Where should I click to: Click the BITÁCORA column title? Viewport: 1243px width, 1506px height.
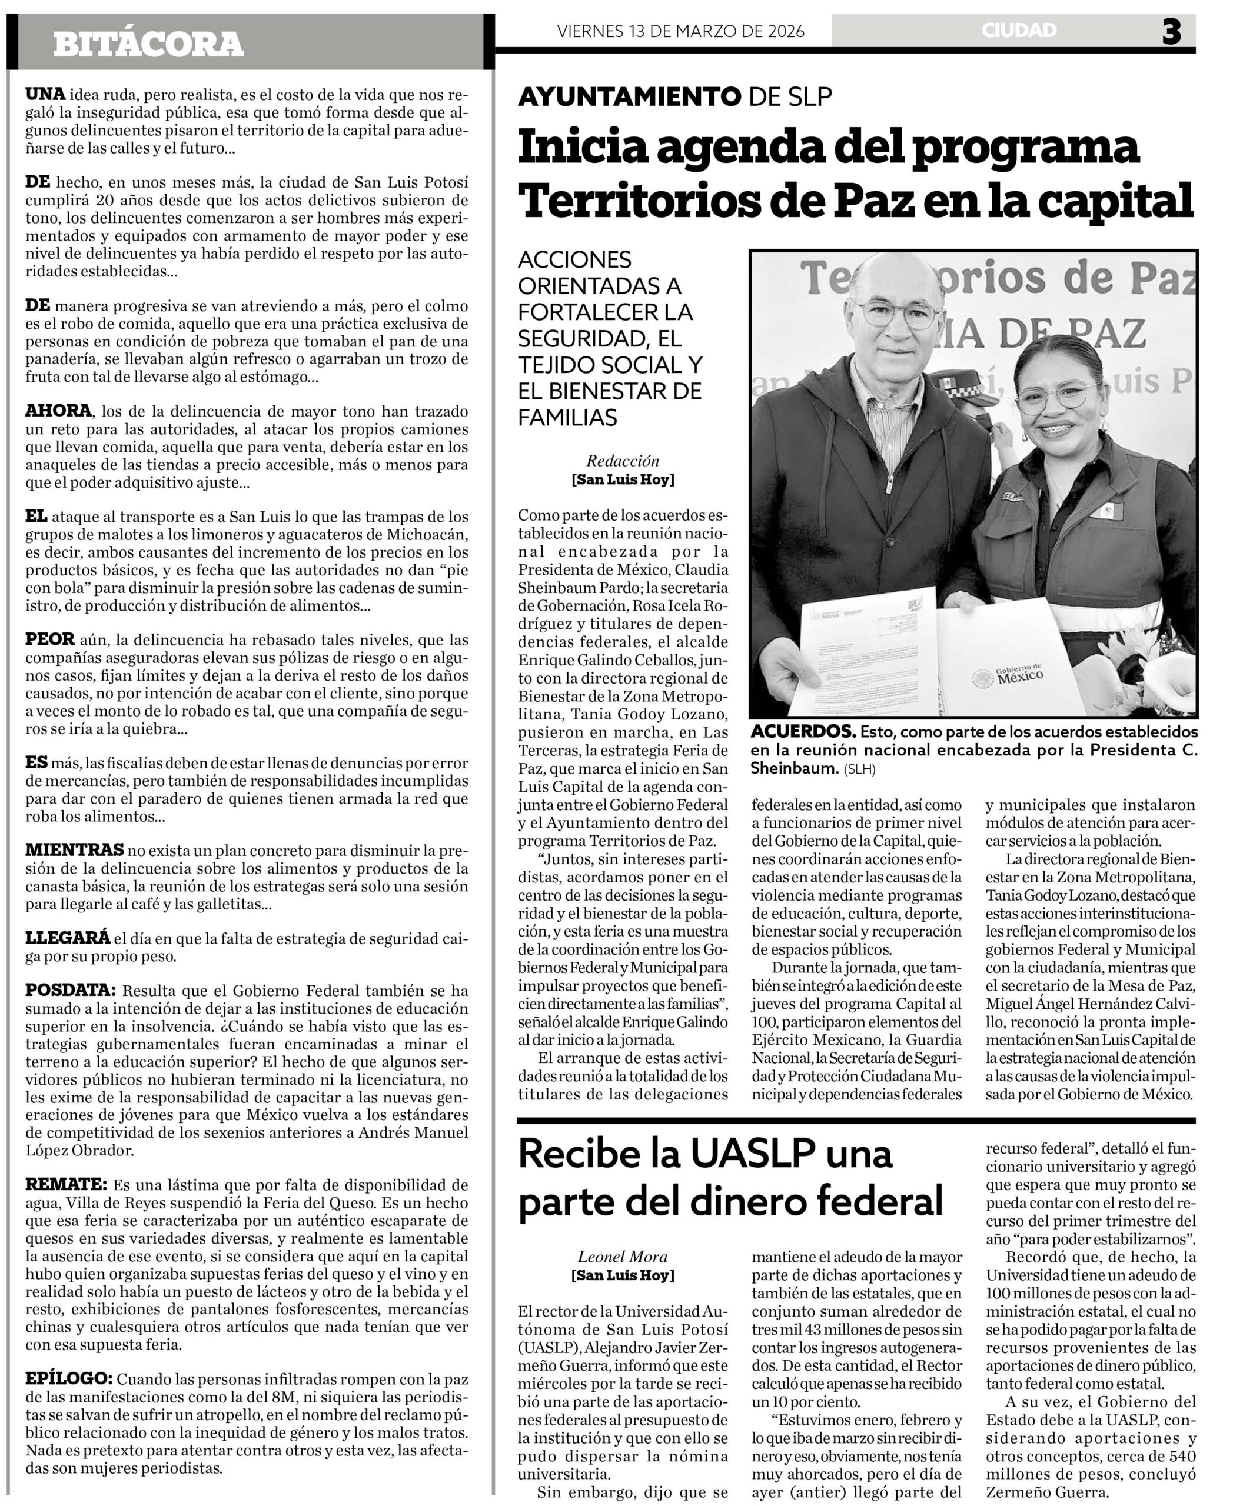tap(148, 44)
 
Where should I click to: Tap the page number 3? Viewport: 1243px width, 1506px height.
tap(1171, 32)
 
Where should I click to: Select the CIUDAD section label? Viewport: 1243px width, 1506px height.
tap(1019, 31)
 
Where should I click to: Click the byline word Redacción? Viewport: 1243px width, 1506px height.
tap(622, 461)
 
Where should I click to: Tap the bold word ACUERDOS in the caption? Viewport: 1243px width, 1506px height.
tap(803, 732)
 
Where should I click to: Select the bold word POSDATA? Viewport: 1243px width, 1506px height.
tap(70, 991)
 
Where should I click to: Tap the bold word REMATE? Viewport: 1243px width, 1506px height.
tap(66, 1184)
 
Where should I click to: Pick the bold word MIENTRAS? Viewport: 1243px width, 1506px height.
tap(75, 850)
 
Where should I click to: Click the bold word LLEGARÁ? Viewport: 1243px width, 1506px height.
tap(68, 938)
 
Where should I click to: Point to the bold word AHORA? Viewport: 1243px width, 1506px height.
tap(59, 411)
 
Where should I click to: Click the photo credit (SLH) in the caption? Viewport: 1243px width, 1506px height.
tap(859, 769)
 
